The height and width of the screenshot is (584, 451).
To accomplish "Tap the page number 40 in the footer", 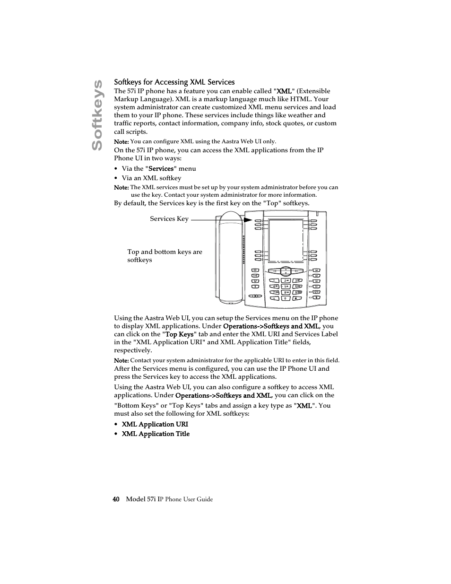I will click(x=116, y=499).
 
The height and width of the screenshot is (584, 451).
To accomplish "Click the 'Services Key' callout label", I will click(x=169, y=218).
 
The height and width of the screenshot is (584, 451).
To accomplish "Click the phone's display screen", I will click(x=286, y=240).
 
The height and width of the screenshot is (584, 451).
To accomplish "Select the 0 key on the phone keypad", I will click(x=286, y=298).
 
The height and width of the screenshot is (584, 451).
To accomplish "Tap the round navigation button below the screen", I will click(x=286, y=271).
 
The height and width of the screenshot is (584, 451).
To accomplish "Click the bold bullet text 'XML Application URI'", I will click(x=155, y=424).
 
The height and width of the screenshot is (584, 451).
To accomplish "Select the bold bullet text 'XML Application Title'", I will click(x=156, y=434).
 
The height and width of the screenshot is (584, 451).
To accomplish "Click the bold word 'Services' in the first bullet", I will click(x=161, y=168).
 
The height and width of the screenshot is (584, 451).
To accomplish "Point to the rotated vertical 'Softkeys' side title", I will click(x=97, y=114).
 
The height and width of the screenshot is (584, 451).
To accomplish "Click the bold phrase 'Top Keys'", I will click(x=179, y=334).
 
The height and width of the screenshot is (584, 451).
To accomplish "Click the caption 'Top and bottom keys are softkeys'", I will click(x=165, y=256).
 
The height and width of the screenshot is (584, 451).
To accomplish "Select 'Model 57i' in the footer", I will click(x=141, y=499).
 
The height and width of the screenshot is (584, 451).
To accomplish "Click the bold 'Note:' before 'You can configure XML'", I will click(x=121, y=141).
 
